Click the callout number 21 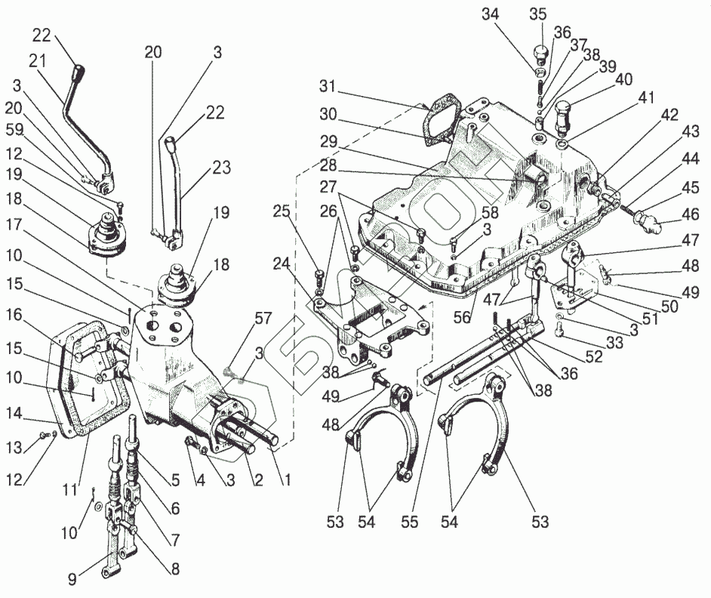[x=38, y=60]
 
